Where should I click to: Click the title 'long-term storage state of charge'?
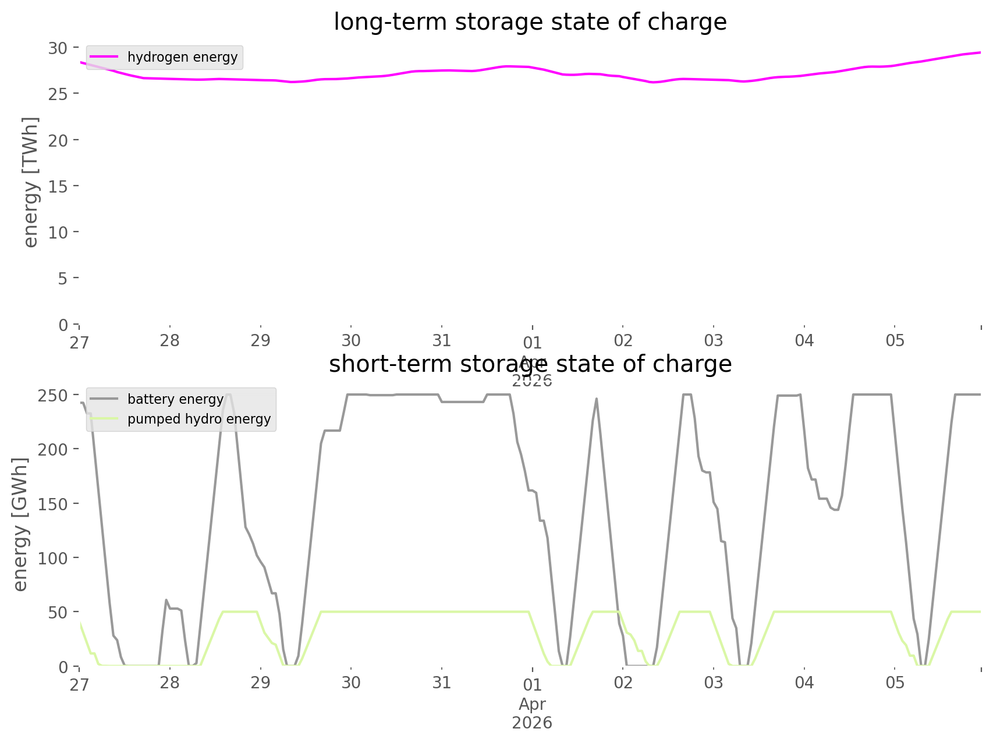(x=530, y=22)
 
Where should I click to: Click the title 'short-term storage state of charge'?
(x=530, y=364)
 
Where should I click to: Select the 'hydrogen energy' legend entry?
(x=182, y=57)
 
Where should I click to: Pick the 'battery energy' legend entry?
(x=175, y=399)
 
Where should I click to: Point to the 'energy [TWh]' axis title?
(x=31, y=182)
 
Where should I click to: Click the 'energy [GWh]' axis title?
(x=20, y=524)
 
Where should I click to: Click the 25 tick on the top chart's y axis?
(x=58, y=94)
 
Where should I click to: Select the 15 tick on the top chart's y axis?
(x=58, y=186)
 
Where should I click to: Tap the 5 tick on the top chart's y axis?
(x=62, y=278)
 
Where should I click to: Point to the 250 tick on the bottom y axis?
(x=53, y=395)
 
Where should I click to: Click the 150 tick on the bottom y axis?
(x=53, y=504)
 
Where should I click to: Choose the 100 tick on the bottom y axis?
(x=53, y=558)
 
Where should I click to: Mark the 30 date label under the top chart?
(x=351, y=340)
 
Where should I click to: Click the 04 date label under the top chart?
(x=804, y=340)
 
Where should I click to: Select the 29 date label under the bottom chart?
(x=261, y=682)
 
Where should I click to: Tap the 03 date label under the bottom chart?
(x=714, y=682)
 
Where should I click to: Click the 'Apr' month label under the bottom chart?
(x=532, y=704)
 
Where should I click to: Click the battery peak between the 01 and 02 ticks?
(x=596, y=399)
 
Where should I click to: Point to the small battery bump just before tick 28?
(x=166, y=600)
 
